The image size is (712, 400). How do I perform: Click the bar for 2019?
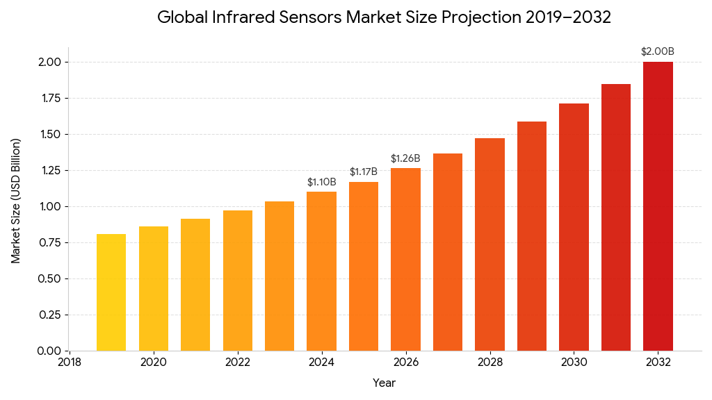[111, 292]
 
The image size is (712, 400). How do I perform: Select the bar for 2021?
[195, 285]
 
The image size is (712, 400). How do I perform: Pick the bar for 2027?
[448, 252]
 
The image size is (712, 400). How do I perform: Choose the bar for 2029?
[532, 236]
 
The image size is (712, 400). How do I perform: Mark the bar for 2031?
[616, 217]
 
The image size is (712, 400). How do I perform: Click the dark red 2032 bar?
[658, 206]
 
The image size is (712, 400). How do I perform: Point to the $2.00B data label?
[658, 51]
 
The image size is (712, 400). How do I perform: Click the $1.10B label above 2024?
[322, 182]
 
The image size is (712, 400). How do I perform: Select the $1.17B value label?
[364, 172]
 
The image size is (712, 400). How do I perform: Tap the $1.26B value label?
[405, 158]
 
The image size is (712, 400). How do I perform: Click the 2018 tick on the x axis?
[69, 362]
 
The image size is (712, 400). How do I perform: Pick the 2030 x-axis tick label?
[574, 362]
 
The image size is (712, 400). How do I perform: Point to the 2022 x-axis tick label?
[238, 362]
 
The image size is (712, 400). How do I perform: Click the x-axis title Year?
[384, 383]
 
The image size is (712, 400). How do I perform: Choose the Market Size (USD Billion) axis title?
[16, 201]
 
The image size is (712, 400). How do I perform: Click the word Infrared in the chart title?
[235, 17]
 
